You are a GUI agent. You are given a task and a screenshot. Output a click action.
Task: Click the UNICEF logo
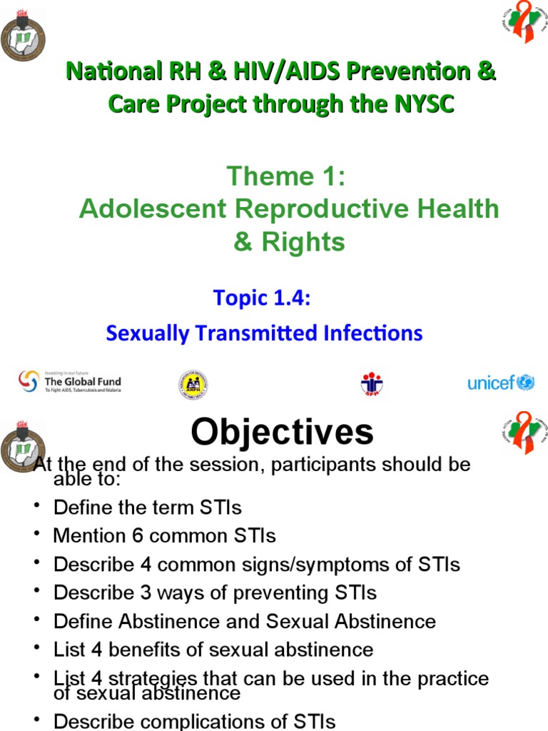tap(500, 383)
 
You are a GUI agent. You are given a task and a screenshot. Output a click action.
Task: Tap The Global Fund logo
tap(69, 383)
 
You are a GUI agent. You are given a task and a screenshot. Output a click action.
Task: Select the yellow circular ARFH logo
tap(193, 384)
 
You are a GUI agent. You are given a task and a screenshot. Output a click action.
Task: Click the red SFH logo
tap(372, 383)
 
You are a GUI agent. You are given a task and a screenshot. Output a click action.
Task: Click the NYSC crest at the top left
tap(23, 36)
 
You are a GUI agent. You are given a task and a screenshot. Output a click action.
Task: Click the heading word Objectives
tap(282, 432)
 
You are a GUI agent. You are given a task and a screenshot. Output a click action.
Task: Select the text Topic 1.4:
tap(262, 298)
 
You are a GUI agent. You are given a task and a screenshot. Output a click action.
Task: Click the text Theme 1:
tap(285, 176)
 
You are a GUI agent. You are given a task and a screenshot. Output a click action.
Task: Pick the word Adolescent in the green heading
tap(152, 209)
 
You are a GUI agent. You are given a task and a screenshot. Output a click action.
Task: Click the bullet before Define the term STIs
tap(36, 507)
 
